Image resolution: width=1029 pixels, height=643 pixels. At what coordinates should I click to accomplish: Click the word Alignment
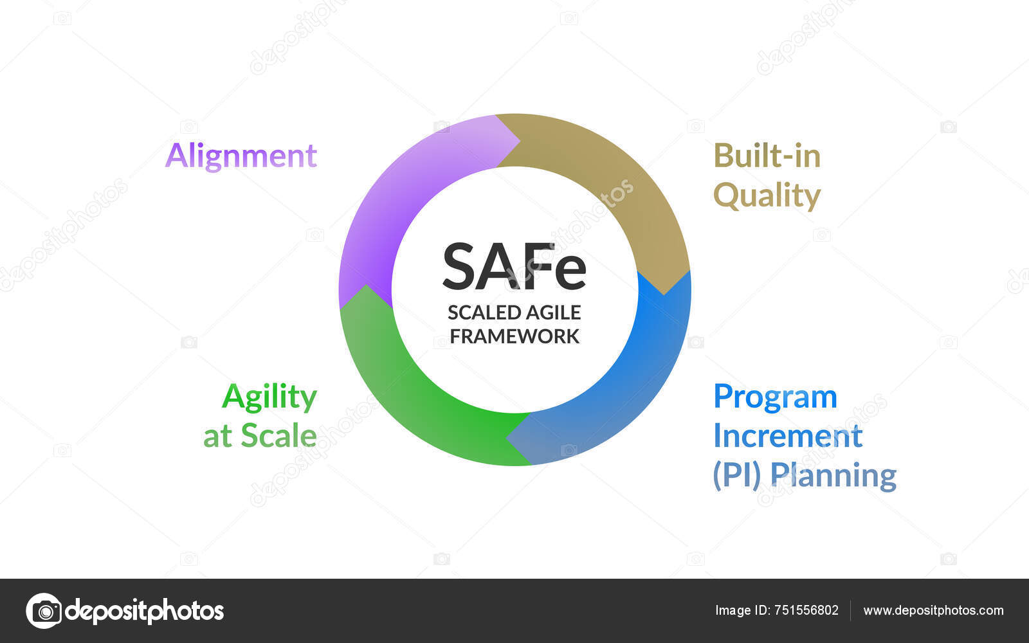coord(241,157)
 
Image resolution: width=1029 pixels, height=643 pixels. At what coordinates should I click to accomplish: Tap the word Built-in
coord(767,156)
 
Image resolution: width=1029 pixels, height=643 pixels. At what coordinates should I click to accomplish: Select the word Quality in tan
coord(767,196)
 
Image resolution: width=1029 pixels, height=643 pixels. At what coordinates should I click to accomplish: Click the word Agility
coord(269,397)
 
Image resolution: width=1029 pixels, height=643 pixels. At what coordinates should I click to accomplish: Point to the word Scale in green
coord(279,435)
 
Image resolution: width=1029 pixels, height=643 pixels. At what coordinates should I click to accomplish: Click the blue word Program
coord(776,397)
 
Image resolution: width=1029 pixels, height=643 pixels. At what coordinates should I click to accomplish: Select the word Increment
coord(788,435)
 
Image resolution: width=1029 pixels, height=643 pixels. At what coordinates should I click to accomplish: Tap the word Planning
coord(833,476)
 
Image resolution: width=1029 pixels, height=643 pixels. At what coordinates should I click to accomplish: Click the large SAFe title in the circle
coord(514,267)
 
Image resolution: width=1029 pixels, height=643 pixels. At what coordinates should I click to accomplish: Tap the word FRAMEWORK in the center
coord(514,337)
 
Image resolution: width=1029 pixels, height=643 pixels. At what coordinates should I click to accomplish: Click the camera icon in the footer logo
coord(44,611)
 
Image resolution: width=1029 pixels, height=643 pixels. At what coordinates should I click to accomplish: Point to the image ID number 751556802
coord(806,610)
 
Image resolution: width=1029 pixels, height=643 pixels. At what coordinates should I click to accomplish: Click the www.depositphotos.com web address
coord(933,611)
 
